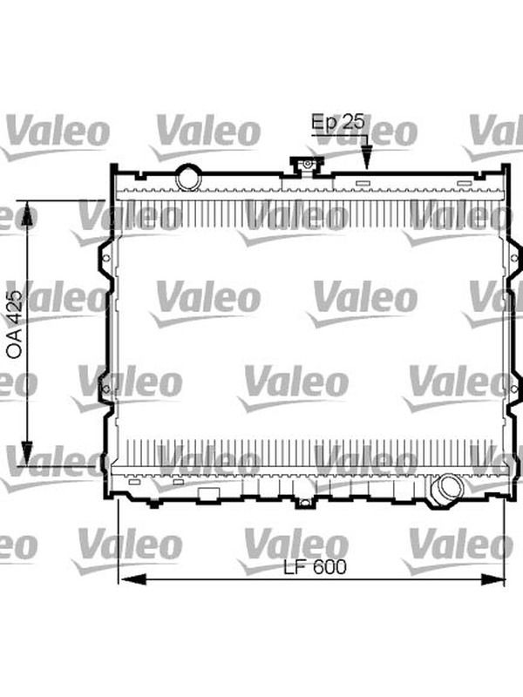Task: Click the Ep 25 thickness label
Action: pos(338,122)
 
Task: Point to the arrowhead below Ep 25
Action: pos(366,158)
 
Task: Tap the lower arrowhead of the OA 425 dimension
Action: pos(27,452)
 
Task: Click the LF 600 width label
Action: pos(315,567)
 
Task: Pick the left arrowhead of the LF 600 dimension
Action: pos(132,579)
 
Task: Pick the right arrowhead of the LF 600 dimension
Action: pos(492,579)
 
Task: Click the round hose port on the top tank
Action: pos(188,178)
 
